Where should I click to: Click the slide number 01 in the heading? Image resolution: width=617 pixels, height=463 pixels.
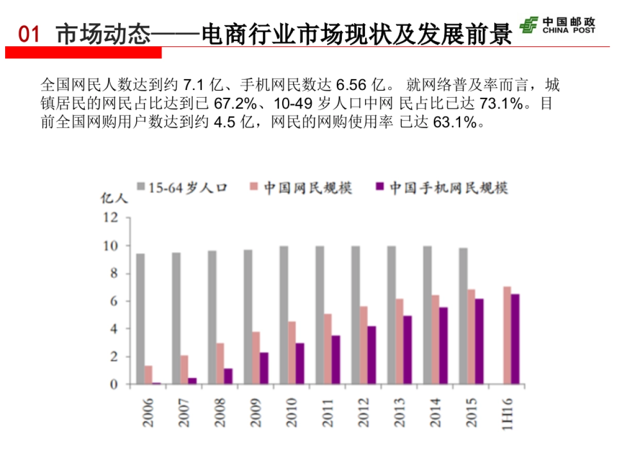tap(29, 35)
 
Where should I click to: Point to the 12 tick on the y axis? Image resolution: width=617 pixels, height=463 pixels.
tap(111, 218)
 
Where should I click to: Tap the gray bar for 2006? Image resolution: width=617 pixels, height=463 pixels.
tap(140, 318)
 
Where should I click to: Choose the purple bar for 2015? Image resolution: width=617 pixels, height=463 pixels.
tap(479, 341)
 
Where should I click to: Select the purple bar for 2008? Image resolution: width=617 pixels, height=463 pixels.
tap(228, 376)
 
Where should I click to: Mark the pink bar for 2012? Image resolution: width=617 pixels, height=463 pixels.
tap(364, 345)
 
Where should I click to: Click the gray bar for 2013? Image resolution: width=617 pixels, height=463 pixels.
tap(391, 315)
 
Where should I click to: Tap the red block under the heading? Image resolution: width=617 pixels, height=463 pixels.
tap(83, 52)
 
